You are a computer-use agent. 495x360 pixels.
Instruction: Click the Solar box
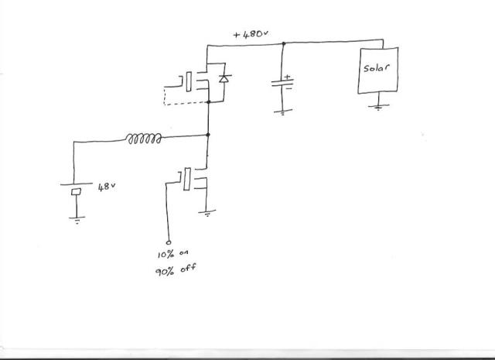pyautogui.click(x=377, y=70)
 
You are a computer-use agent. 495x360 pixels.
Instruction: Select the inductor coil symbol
pyautogui.click(x=145, y=139)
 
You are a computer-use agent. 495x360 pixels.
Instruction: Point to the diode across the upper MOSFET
pyautogui.click(x=224, y=79)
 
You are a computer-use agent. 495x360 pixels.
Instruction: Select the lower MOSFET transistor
pyautogui.click(x=193, y=180)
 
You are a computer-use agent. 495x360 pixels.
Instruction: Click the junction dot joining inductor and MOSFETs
pyautogui.click(x=209, y=136)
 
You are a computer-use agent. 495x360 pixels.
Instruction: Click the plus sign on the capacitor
pyautogui.click(x=288, y=77)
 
